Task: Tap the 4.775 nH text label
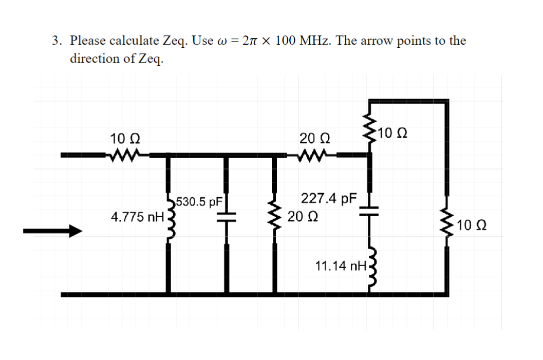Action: click(136, 217)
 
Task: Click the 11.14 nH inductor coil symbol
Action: click(371, 267)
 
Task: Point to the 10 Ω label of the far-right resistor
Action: click(471, 225)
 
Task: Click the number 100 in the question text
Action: click(285, 41)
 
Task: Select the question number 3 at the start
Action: click(56, 41)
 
